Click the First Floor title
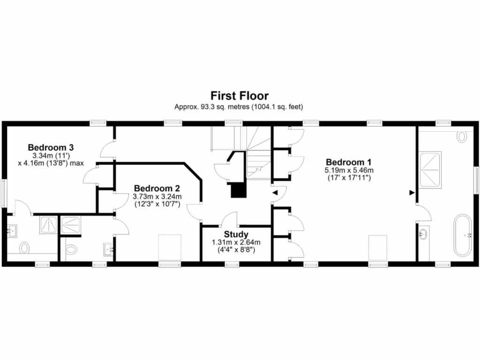click(240, 96)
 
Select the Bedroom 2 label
click(157, 188)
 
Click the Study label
click(236, 234)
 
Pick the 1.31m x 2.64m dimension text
click(236, 242)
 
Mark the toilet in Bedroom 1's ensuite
click(462, 136)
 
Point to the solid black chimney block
click(238, 190)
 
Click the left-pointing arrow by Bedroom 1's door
click(276, 192)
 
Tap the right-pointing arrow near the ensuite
click(412, 192)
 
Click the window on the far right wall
click(476, 180)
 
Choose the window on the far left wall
click(4, 192)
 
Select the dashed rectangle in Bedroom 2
click(170, 247)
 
